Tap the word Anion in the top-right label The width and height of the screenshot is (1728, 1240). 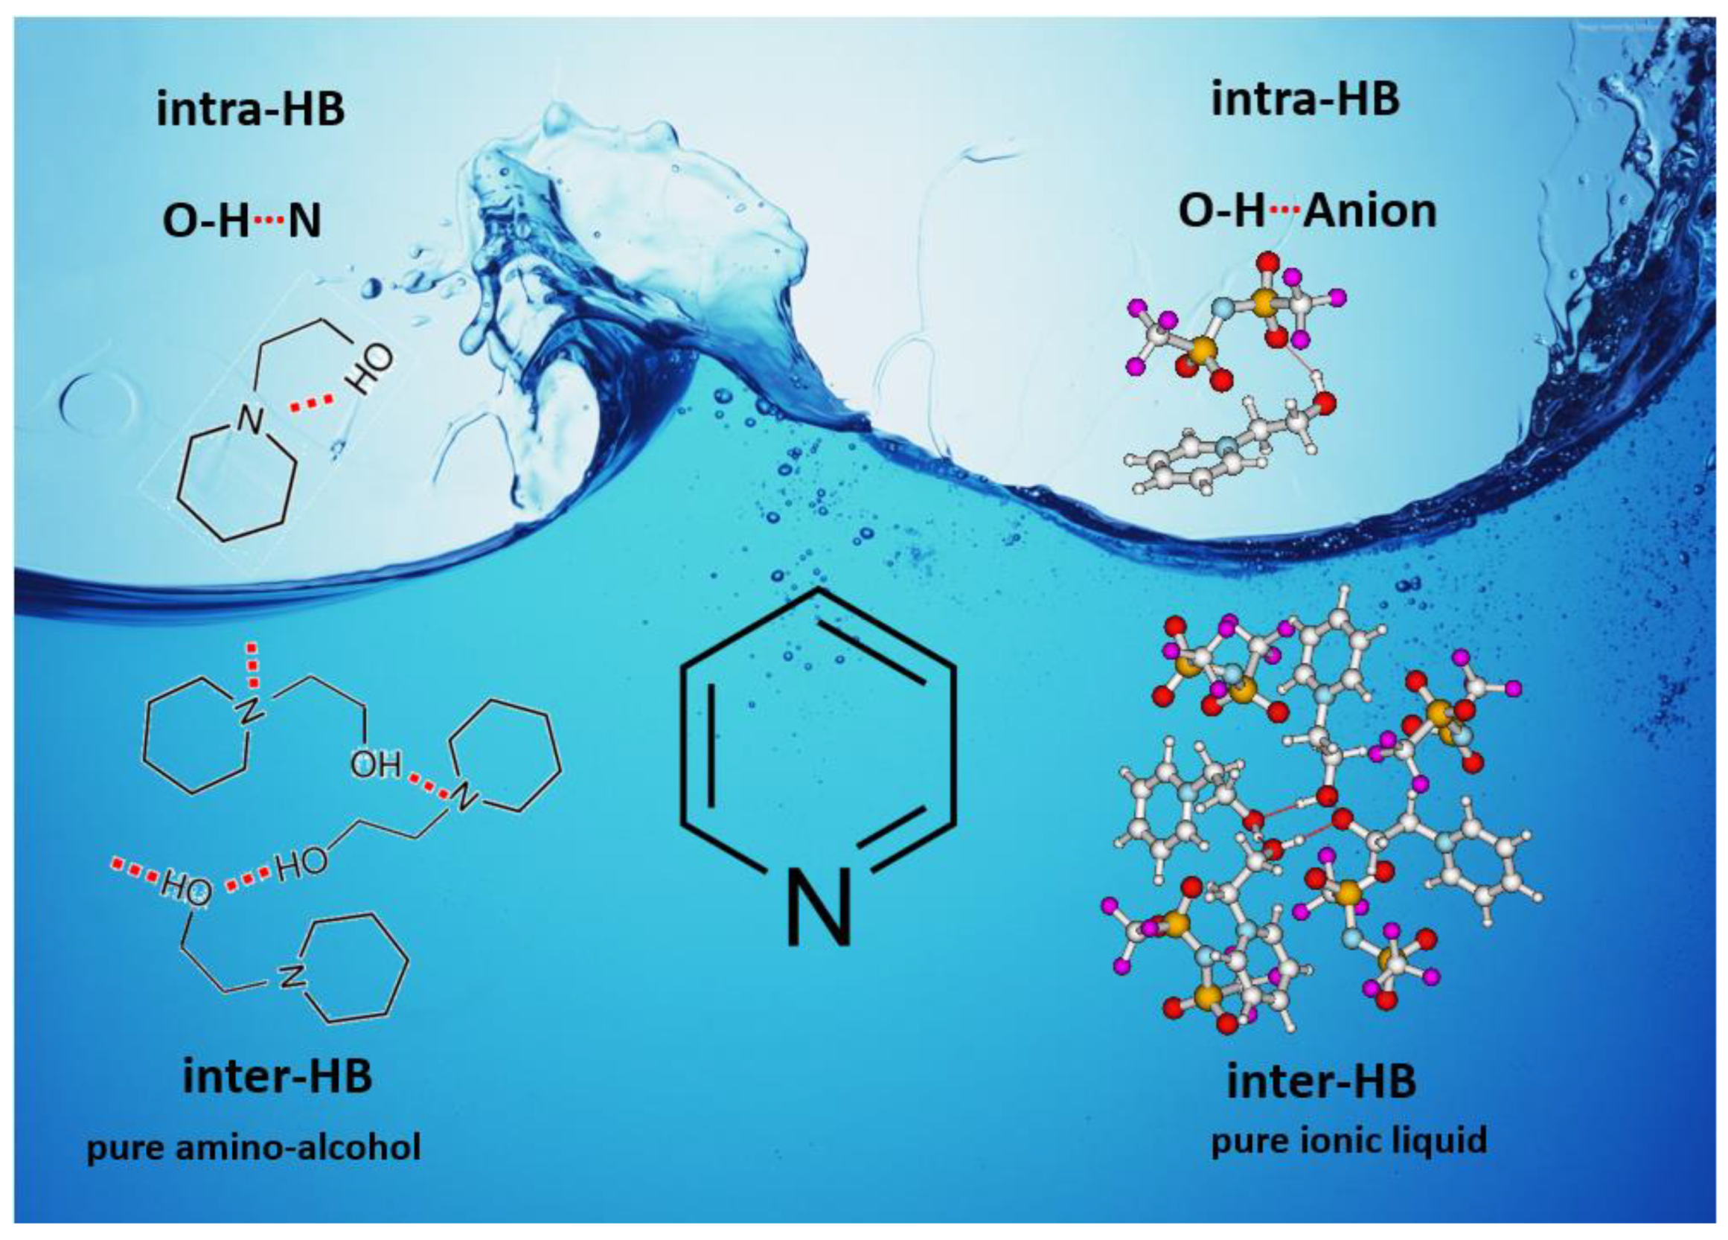click(x=1370, y=211)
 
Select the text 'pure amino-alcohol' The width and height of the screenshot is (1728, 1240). click(x=254, y=1147)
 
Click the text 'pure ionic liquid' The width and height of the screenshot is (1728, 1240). click(x=1348, y=1140)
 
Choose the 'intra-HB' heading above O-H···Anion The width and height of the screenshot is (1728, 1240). click(x=1305, y=100)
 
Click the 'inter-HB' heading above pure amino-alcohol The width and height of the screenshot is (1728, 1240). click(x=278, y=1076)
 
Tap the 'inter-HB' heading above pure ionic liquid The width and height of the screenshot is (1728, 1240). click(x=1321, y=1081)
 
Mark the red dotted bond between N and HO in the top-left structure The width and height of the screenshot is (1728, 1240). click(x=310, y=404)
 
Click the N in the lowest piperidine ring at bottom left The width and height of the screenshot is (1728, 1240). click(x=290, y=978)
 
